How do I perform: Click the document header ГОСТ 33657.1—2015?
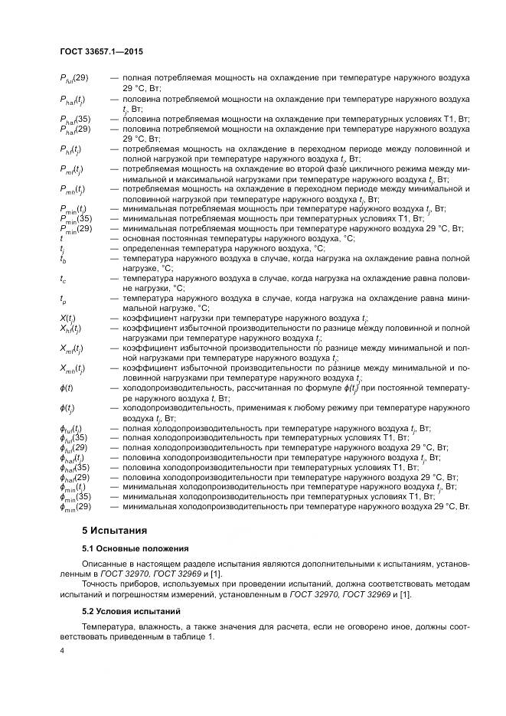pyautogui.click(x=101, y=51)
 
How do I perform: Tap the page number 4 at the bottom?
pyautogui.click(x=62, y=651)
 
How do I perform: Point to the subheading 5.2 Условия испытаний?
pyautogui.click(x=131, y=612)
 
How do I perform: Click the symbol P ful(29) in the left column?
pyautogui.click(x=74, y=78)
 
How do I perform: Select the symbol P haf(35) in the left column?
pyautogui.click(x=75, y=119)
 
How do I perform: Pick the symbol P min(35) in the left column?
pyautogui.click(x=75, y=218)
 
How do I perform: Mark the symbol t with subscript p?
pyautogui.click(x=63, y=298)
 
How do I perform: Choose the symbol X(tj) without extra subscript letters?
pyautogui.click(x=68, y=318)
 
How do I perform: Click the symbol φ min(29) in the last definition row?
pyautogui.click(x=75, y=507)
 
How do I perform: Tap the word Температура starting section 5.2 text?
pyautogui.click(x=109, y=628)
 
